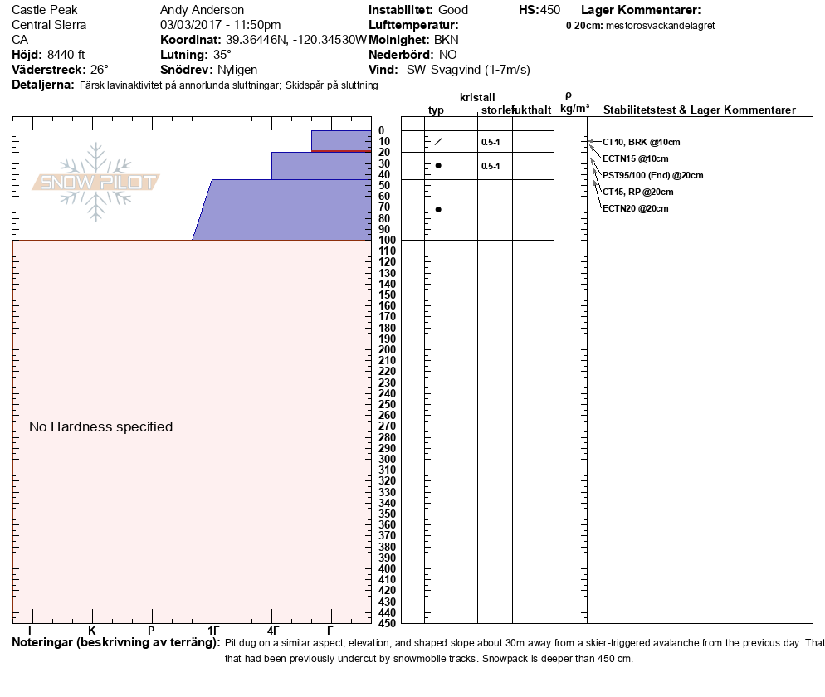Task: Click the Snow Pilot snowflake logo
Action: pyautogui.click(x=96, y=182)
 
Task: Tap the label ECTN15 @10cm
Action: pyautogui.click(x=635, y=158)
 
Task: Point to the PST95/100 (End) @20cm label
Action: pyautogui.click(x=652, y=175)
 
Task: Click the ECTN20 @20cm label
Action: pyautogui.click(x=635, y=208)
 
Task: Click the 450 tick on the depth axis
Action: pyautogui.click(x=387, y=622)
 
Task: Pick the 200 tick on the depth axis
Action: pyautogui.click(x=387, y=349)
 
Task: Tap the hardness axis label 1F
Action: pyautogui.click(x=213, y=631)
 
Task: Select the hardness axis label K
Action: pyautogui.click(x=92, y=631)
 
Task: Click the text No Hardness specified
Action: pyautogui.click(x=100, y=426)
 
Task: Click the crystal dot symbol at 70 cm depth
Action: pyautogui.click(x=438, y=209)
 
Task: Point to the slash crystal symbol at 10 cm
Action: pyautogui.click(x=438, y=141)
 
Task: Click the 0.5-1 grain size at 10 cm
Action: pyautogui.click(x=491, y=142)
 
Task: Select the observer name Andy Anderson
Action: pyautogui.click(x=201, y=10)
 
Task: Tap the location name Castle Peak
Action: pyautogui.click(x=44, y=10)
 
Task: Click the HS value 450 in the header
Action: pyautogui.click(x=549, y=10)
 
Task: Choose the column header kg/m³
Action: pyautogui.click(x=574, y=109)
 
